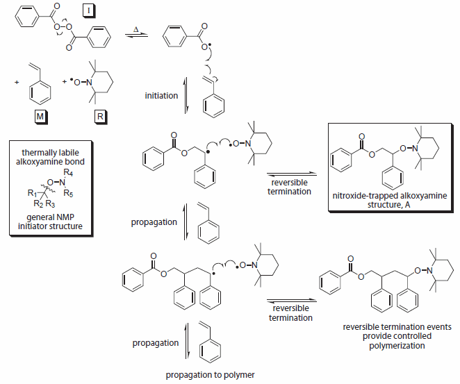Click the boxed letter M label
point(41,116)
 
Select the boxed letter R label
point(101,116)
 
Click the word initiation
point(161,95)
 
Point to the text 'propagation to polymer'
point(210,375)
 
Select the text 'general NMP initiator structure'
point(53,222)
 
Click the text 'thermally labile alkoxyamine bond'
point(53,156)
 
